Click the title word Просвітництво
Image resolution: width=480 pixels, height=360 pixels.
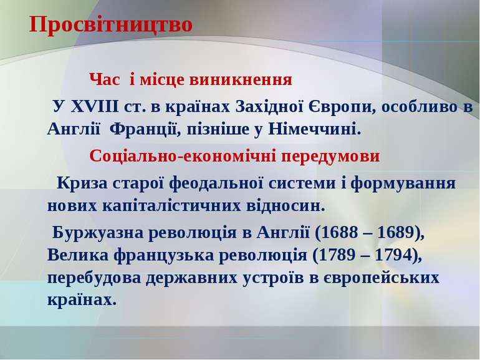click(x=111, y=24)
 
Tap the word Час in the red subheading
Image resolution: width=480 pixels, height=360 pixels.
click(x=105, y=80)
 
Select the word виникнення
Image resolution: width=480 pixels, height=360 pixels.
click(x=241, y=80)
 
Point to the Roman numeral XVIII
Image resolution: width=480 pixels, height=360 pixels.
click(x=95, y=107)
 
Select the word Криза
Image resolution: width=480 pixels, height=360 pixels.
click(x=82, y=183)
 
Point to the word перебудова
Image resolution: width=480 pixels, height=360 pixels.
click(x=96, y=278)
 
